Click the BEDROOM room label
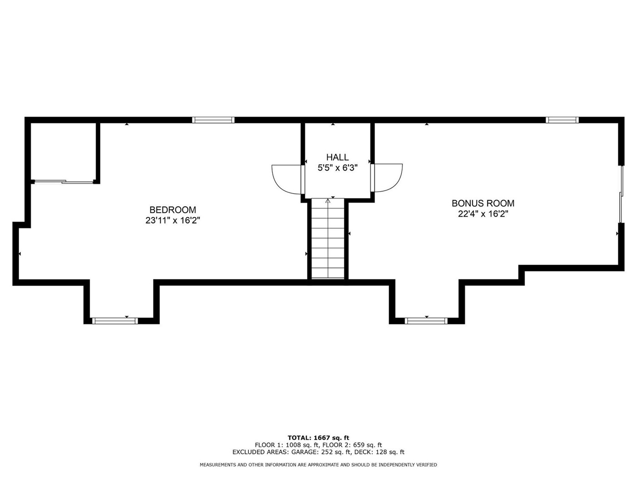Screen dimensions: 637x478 (x=172, y=209)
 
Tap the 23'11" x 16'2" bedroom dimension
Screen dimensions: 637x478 (x=172, y=221)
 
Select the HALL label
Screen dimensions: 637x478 (x=337, y=158)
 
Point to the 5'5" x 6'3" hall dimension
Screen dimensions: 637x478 (x=337, y=168)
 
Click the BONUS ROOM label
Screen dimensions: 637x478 (x=483, y=203)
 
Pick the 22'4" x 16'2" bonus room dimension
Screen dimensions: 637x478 (x=483, y=214)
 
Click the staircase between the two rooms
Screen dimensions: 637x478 (x=328, y=238)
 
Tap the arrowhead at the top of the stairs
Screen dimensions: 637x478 (x=328, y=201)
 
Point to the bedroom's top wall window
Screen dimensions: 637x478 (x=213, y=120)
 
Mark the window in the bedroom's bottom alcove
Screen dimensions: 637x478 (x=115, y=320)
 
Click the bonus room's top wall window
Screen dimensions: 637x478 (x=562, y=120)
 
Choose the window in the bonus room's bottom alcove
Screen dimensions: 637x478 (x=426, y=320)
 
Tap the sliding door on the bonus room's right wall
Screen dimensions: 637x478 (x=621, y=194)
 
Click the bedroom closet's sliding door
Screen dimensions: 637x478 (x=64, y=182)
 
